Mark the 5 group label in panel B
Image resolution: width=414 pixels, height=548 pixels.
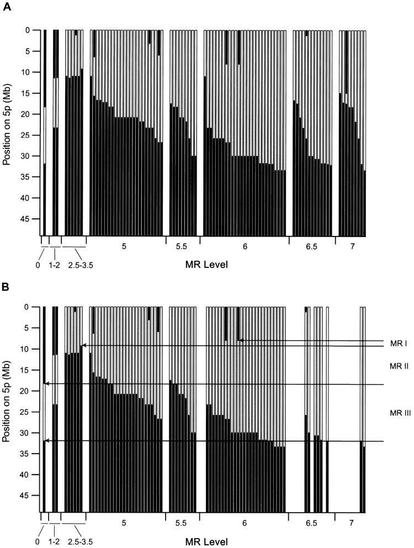[125, 522]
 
